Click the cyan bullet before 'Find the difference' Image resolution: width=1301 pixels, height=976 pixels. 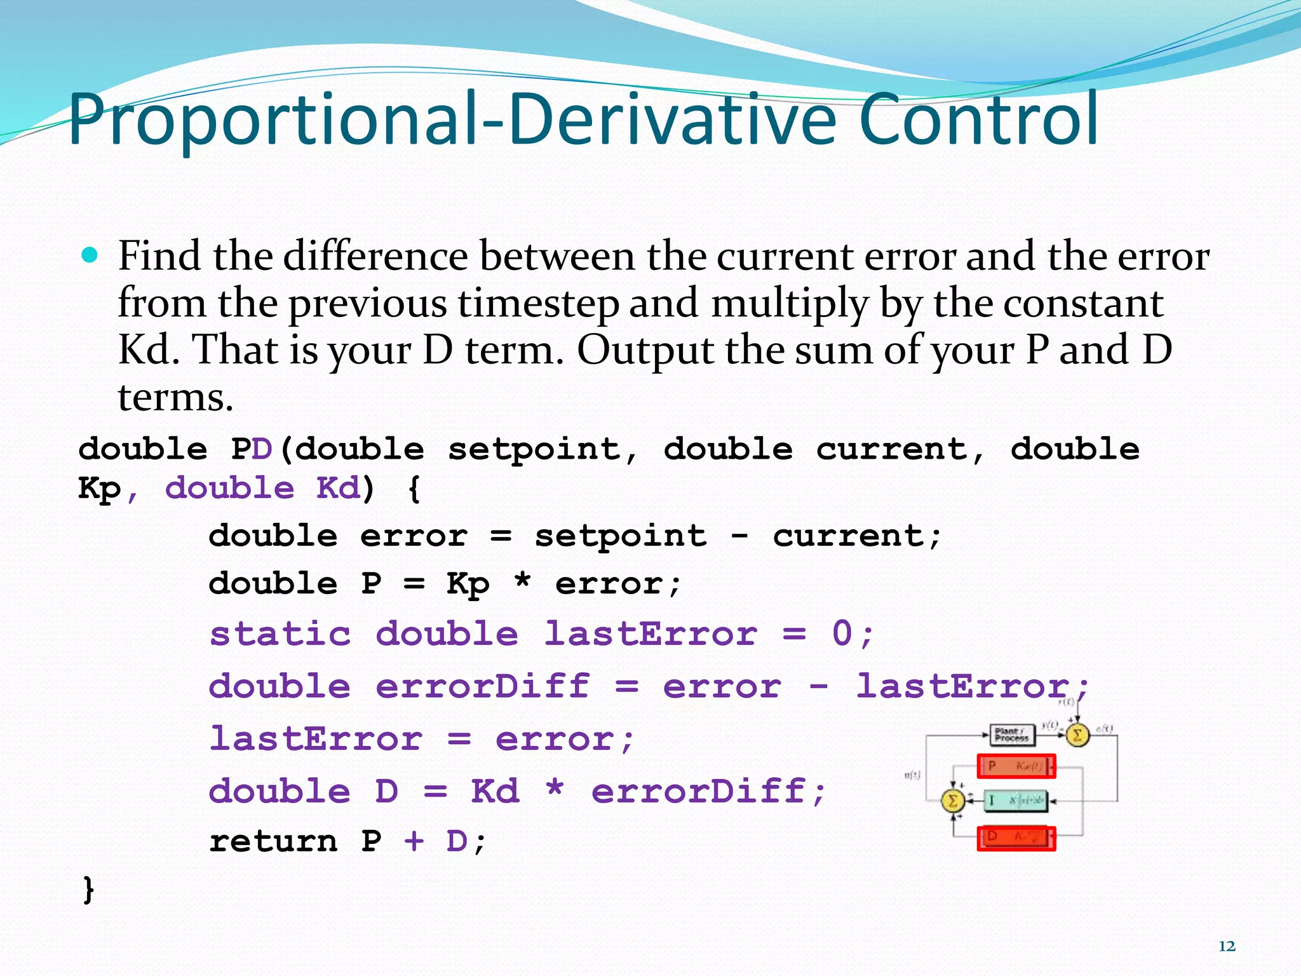90,255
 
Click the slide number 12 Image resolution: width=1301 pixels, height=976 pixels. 1227,946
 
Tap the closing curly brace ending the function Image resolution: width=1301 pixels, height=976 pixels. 88,888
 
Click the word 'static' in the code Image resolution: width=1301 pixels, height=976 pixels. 280,634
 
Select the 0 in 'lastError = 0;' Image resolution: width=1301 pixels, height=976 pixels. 842,634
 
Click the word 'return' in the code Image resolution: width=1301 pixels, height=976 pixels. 273,841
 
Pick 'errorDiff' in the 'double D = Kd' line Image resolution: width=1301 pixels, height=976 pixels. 699,791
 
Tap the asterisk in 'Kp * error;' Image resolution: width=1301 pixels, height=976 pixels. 522,583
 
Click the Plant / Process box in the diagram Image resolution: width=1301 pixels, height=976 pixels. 1012,735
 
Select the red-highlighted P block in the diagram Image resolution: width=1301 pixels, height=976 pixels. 1016,766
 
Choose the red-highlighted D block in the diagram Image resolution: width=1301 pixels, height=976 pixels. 1016,837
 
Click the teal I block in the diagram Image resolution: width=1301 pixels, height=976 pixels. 1016,801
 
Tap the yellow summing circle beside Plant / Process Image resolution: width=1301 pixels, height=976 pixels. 1077,735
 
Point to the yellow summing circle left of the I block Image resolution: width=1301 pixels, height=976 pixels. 952,801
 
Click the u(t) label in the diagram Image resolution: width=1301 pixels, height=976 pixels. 912,775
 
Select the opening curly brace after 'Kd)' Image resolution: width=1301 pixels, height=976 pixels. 414,489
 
